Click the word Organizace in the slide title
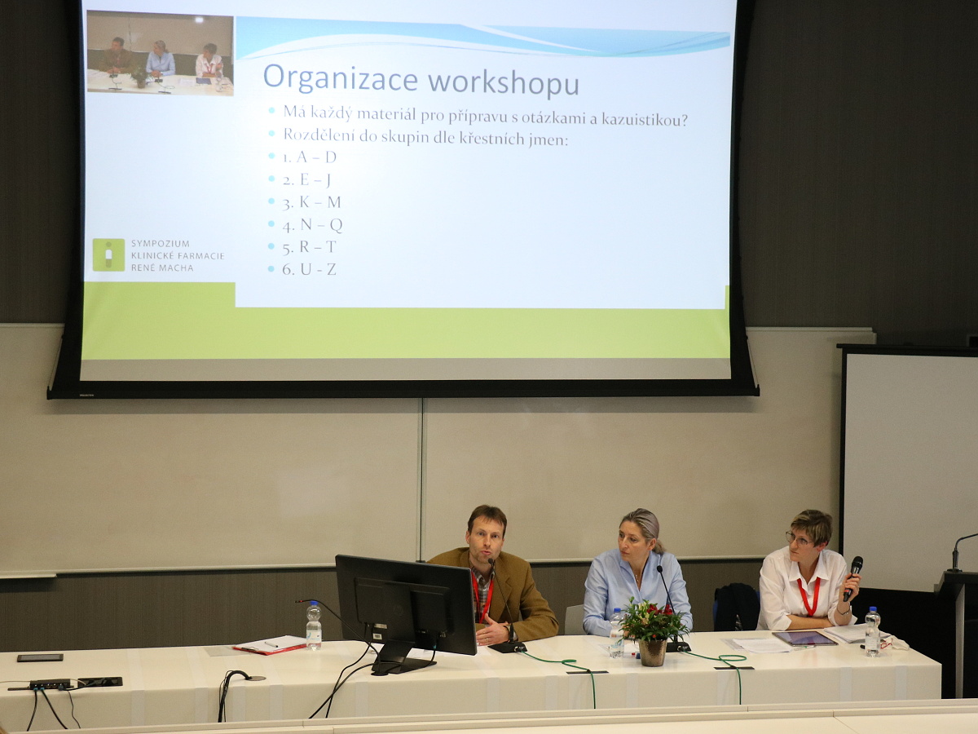[x=341, y=77]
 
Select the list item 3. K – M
[x=311, y=202]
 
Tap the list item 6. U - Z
[x=309, y=269]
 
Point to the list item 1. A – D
[x=309, y=157]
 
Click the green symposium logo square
[x=108, y=254]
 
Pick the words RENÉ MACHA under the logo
[x=162, y=268]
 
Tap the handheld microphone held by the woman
[x=852, y=578]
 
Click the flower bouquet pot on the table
[x=652, y=652]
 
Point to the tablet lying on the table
[x=804, y=639]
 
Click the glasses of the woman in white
[x=799, y=540]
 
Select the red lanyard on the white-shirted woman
[x=808, y=596]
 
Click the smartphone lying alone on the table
[x=40, y=657]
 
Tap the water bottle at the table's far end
[x=872, y=634]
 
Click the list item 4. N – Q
[x=312, y=224]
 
